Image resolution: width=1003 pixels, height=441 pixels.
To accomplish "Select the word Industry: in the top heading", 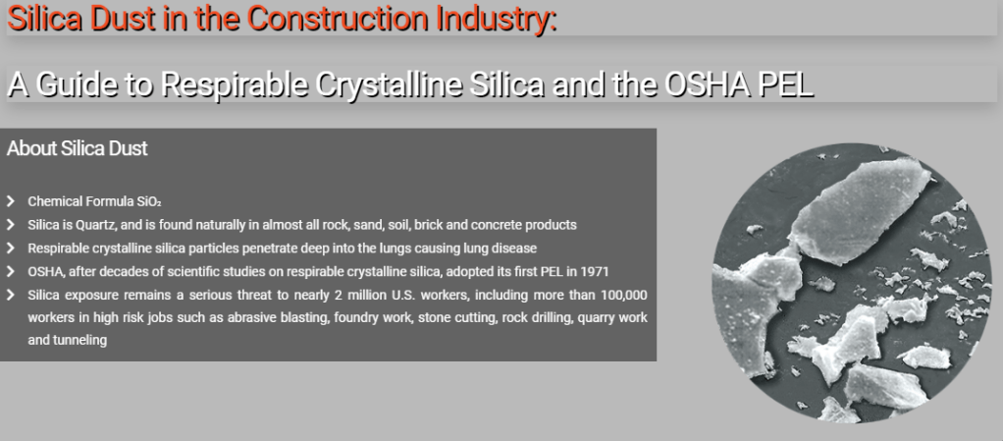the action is click(x=497, y=20).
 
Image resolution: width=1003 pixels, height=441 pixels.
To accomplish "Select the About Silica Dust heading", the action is click(x=77, y=148).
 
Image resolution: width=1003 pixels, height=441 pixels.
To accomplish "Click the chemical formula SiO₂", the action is click(x=149, y=201).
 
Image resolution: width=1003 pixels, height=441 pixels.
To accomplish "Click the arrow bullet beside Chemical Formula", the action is click(x=10, y=201).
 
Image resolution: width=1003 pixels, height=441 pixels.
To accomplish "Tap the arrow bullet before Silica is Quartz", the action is click(x=10, y=225).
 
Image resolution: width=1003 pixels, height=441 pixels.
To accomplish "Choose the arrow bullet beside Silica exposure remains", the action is click(x=10, y=295).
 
